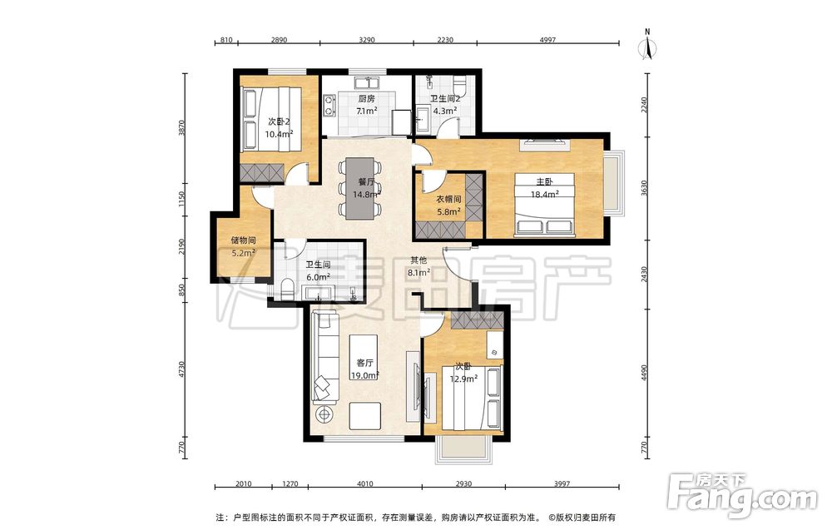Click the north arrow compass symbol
click(x=647, y=46)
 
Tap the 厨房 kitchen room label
click(x=367, y=99)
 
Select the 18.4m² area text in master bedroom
click(x=544, y=194)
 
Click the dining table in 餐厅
click(x=360, y=188)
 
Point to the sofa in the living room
click(x=325, y=356)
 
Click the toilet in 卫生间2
click(x=459, y=83)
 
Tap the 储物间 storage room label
click(x=244, y=240)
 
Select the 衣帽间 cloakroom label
click(x=448, y=200)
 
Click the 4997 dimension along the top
click(x=547, y=40)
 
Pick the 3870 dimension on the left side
click(x=181, y=129)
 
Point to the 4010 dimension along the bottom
click(x=365, y=483)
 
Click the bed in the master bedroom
click(x=544, y=204)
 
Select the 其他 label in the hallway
click(x=418, y=260)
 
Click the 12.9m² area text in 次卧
click(x=463, y=379)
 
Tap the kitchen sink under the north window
click(x=366, y=83)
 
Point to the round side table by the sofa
click(x=324, y=414)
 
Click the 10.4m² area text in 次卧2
click(x=279, y=134)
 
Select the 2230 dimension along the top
click(x=445, y=40)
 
